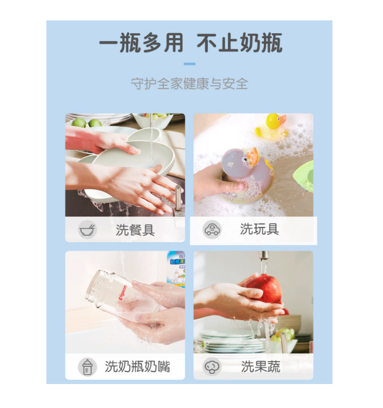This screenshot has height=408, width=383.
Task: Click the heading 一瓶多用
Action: click(x=141, y=43)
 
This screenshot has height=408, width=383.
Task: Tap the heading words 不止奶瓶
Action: click(x=240, y=43)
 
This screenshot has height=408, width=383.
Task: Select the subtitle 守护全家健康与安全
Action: click(x=189, y=84)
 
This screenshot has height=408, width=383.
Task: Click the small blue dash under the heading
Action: click(x=189, y=64)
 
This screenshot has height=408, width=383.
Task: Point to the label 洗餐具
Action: click(x=135, y=230)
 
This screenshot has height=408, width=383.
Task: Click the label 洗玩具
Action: click(x=259, y=229)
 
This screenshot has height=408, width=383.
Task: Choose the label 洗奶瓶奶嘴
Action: click(x=137, y=367)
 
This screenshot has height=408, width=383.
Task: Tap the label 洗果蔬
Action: click(x=260, y=367)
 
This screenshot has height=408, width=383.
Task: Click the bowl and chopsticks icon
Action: click(x=87, y=230)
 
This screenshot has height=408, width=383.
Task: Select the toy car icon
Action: click(x=212, y=229)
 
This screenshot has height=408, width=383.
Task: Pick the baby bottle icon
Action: click(x=87, y=367)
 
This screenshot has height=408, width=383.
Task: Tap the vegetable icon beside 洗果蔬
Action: click(x=212, y=367)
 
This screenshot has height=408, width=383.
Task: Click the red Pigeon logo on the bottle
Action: click(x=123, y=292)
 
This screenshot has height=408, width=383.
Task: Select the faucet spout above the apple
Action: click(x=264, y=256)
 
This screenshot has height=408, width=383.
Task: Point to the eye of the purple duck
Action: click(x=245, y=159)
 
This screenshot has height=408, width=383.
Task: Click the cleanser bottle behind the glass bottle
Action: click(x=177, y=269)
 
